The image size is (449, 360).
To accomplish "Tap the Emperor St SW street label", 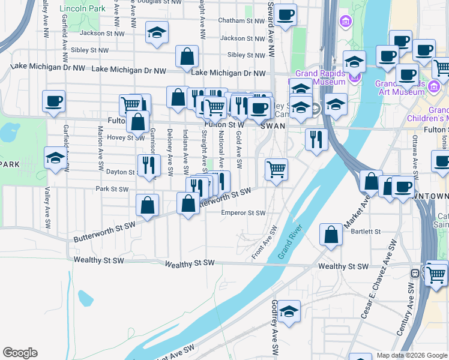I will point(243,213).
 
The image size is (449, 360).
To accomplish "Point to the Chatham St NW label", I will point(242,20).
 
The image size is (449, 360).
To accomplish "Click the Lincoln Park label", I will point(83,9).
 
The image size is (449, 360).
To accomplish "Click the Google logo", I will point(20,353).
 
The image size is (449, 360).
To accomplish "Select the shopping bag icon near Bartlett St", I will point(331,235).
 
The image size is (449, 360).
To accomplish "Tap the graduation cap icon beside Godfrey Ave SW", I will point(289,311).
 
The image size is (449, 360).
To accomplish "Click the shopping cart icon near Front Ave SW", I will point(276,169).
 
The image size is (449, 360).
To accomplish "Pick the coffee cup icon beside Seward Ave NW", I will point(285,14).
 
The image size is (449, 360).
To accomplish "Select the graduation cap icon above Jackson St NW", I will point(157,32).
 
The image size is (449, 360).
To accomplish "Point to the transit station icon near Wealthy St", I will point(414,273).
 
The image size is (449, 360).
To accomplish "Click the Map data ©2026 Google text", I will point(412,355).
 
